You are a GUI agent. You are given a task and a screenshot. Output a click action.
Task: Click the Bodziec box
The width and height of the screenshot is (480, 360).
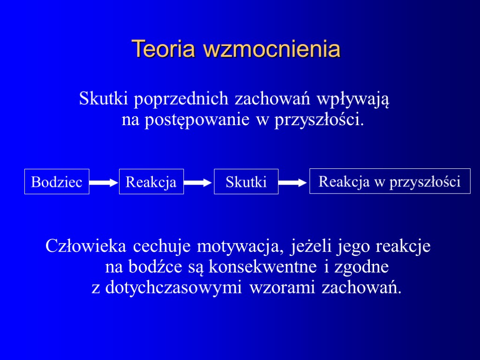point(57,181)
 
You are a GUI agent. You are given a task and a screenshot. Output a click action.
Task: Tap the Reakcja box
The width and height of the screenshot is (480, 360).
point(151,181)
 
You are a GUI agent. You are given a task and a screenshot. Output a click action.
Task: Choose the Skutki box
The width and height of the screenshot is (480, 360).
point(246,181)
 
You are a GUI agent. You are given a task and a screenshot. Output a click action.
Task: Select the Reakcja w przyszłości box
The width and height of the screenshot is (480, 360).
point(390,181)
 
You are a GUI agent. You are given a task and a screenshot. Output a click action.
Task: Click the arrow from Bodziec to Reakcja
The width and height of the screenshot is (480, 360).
point(104,183)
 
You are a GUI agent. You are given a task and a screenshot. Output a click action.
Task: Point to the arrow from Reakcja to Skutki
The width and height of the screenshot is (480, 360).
point(198,183)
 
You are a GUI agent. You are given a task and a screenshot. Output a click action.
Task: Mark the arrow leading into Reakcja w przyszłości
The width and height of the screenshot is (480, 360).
point(293,183)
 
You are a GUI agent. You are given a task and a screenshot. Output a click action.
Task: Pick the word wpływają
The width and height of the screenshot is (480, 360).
point(353,100)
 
